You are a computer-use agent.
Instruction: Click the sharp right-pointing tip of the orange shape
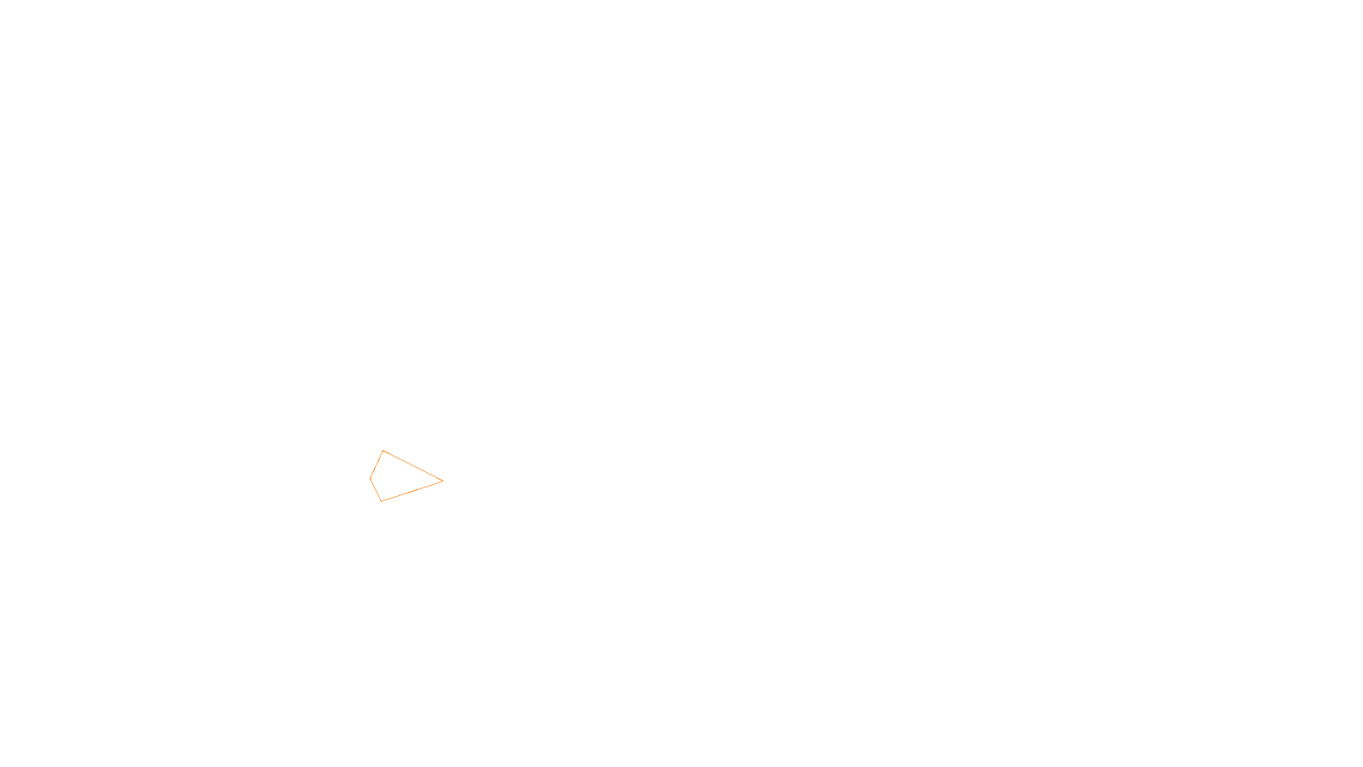[443, 481]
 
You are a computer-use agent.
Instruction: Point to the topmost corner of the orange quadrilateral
[383, 450]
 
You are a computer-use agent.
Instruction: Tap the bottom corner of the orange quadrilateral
[381, 501]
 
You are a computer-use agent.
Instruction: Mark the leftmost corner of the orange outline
[370, 478]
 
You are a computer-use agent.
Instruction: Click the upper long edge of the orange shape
[413, 465]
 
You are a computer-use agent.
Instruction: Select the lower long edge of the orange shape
[412, 491]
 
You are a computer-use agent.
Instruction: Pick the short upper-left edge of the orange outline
[377, 464]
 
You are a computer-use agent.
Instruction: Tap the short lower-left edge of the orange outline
[375, 490]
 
